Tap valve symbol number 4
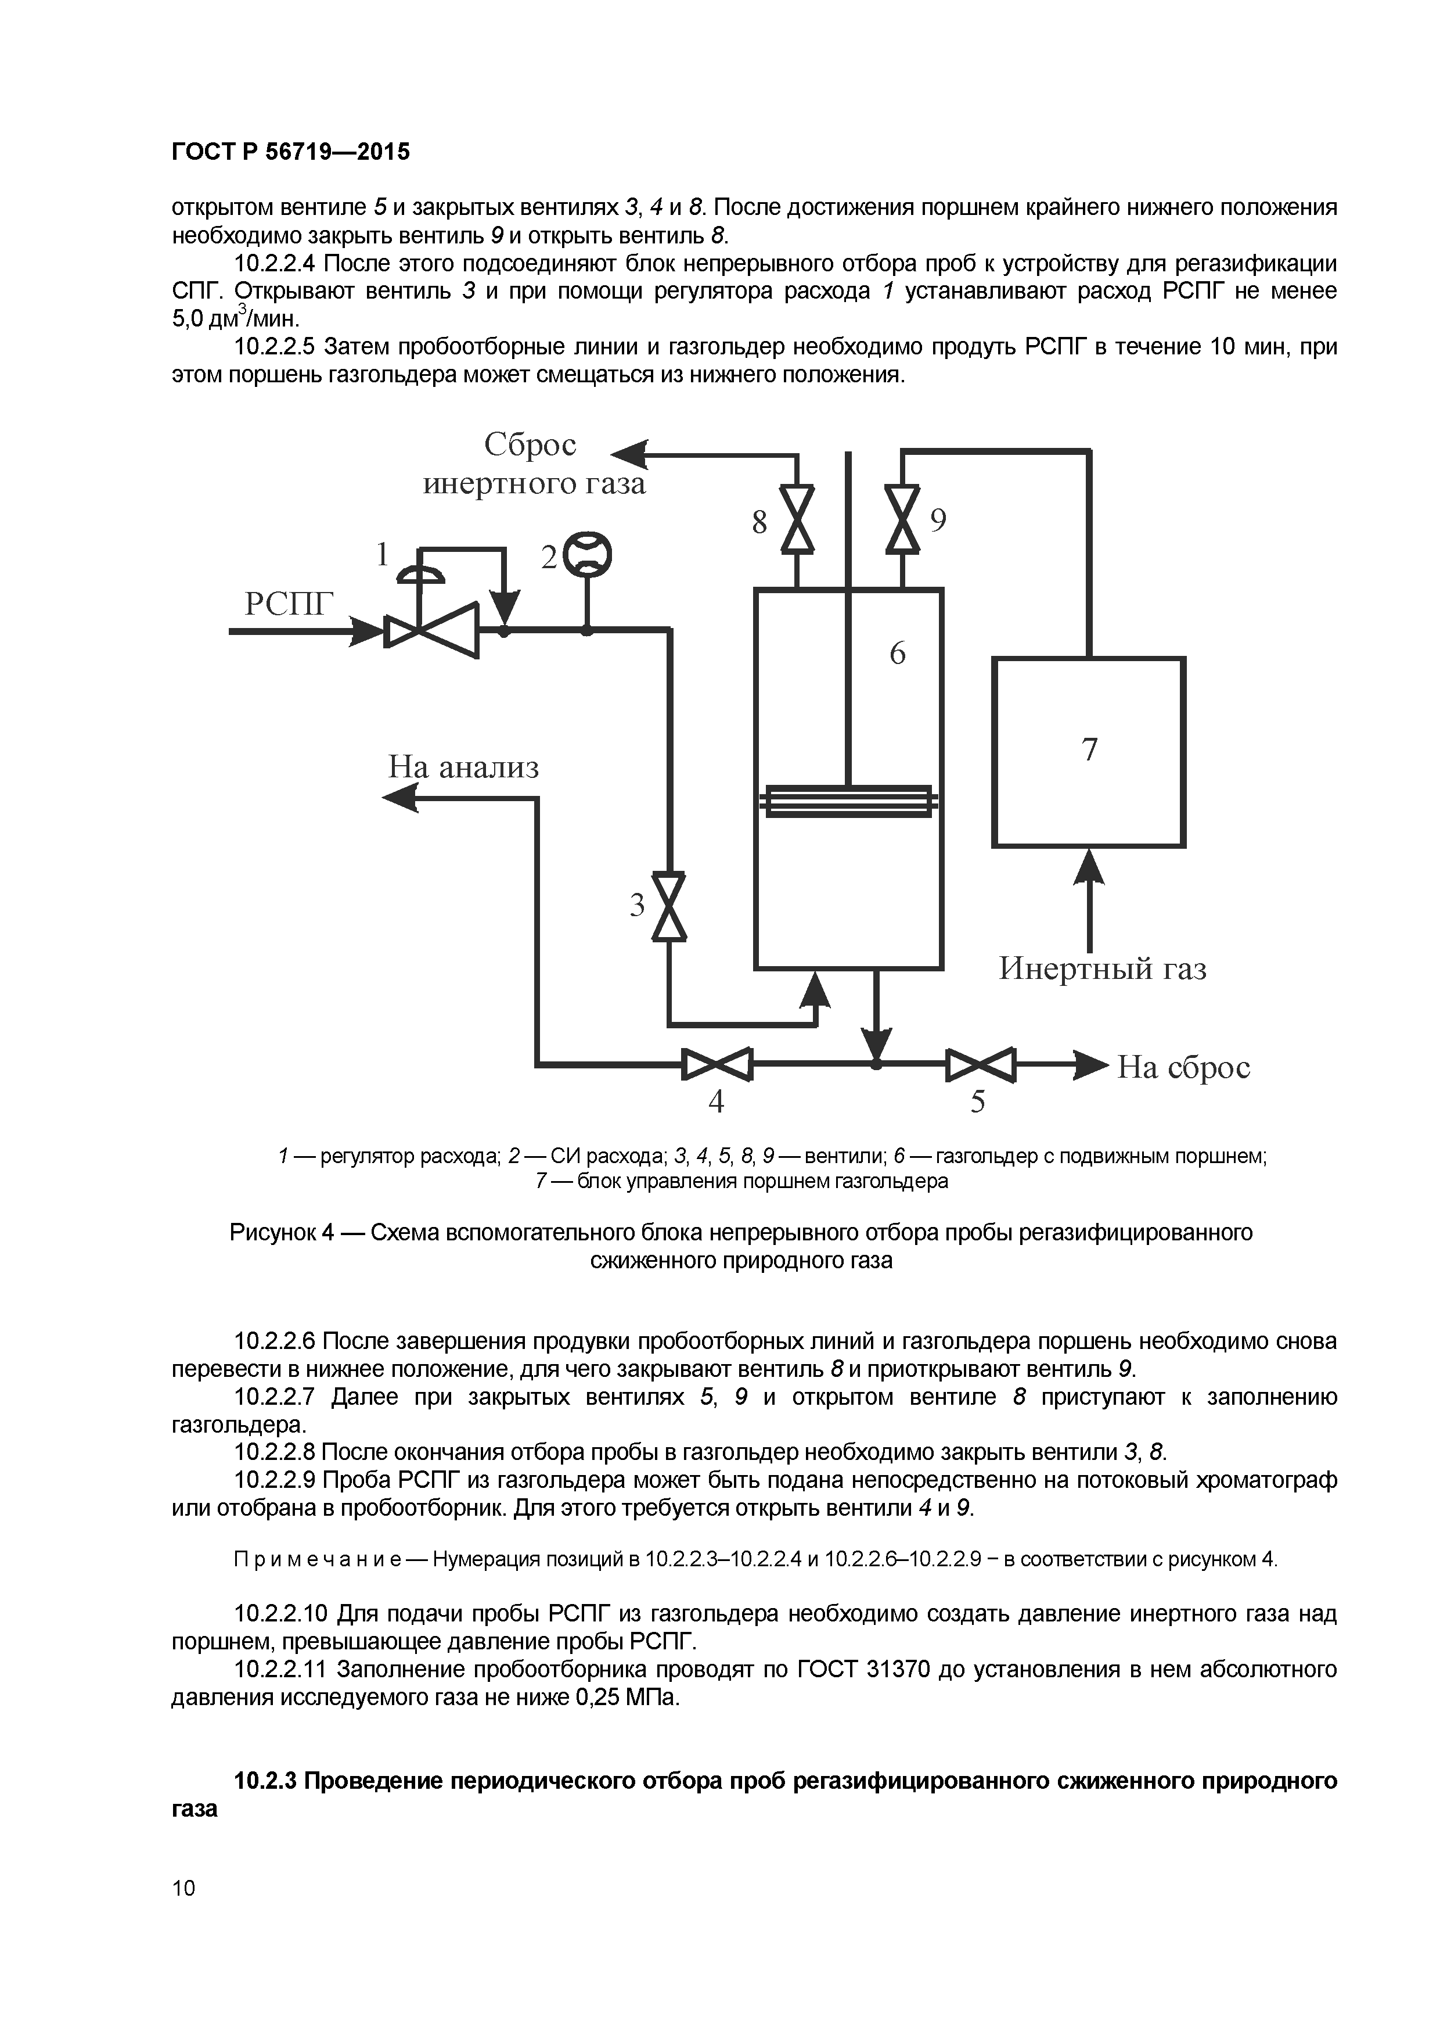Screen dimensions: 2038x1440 click(x=717, y=1063)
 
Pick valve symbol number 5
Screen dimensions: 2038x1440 click(x=980, y=1063)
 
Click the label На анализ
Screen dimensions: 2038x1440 click(x=463, y=766)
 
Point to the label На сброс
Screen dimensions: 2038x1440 click(x=1183, y=1066)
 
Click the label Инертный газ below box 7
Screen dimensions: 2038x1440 click(x=1103, y=967)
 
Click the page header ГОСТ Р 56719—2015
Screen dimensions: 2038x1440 click(x=291, y=152)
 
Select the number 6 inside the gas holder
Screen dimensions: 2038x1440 click(x=897, y=654)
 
